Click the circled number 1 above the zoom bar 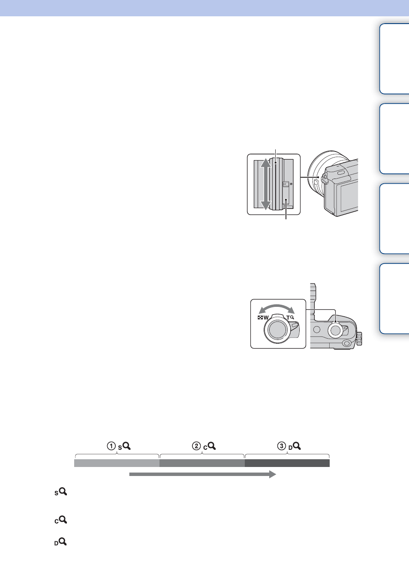click(x=111, y=446)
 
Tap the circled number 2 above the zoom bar click(x=196, y=446)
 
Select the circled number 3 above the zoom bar click(x=282, y=446)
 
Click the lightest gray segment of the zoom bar click(x=117, y=463)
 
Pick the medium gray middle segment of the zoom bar click(x=202, y=463)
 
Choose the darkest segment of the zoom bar click(x=287, y=463)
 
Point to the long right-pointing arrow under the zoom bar click(x=202, y=474)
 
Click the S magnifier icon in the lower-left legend click(x=61, y=492)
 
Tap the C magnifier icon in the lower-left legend click(x=61, y=520)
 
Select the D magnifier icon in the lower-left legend click(x=60, y=542)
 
